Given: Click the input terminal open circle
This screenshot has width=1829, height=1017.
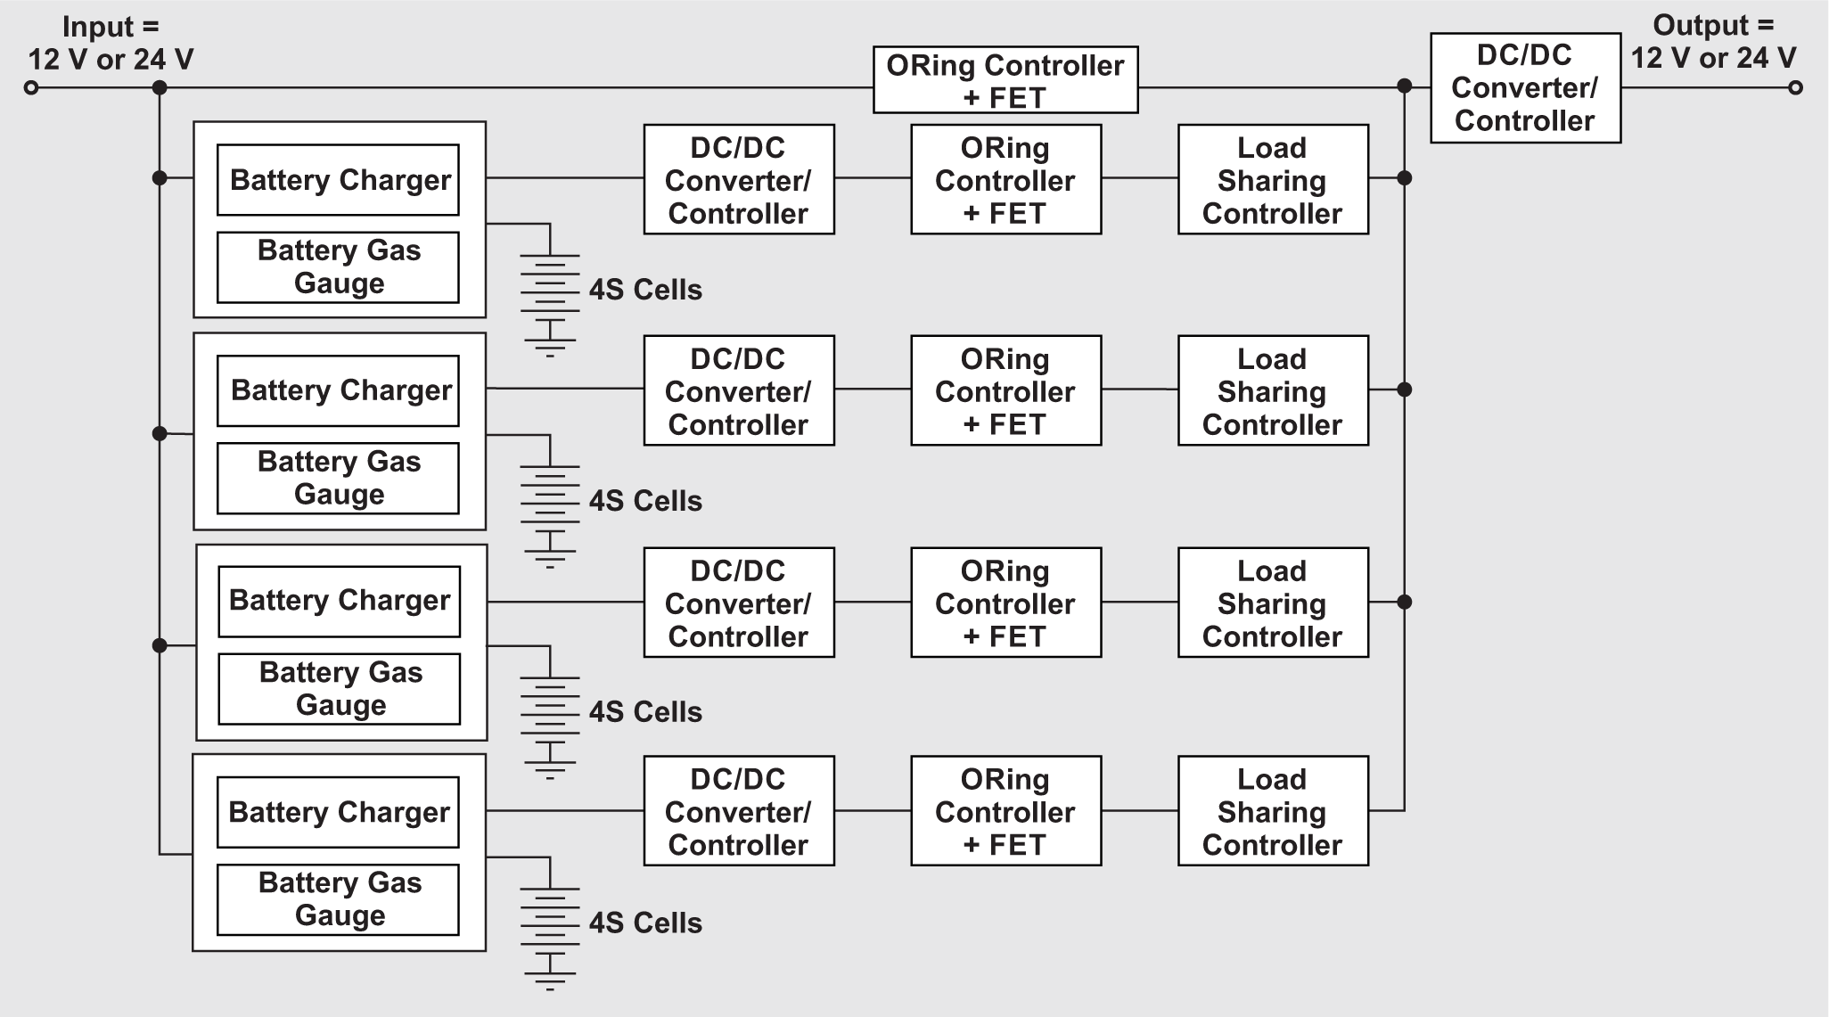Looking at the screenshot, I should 31,87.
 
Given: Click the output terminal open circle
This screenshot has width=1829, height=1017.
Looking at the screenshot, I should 1796,87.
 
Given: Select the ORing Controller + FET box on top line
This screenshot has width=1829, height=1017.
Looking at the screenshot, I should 1005,80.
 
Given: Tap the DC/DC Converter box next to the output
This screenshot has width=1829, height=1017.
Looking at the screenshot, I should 1525,88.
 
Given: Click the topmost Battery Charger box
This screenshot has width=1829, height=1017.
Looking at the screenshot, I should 338,180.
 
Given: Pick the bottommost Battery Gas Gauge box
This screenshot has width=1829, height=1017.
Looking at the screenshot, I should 338,899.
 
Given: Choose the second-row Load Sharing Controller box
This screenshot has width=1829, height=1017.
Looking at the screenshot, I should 1272,390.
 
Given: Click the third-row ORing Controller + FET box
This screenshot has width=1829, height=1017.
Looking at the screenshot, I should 1005,603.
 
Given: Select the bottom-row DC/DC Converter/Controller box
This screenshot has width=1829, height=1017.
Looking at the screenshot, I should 738,811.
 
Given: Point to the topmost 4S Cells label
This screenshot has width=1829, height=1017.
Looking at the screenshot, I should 645,290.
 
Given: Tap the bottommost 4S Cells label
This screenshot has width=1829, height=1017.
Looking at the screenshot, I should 645,923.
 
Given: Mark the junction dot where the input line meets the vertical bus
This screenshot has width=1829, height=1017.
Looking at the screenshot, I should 160,87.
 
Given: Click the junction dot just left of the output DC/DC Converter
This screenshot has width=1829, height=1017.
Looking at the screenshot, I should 1405,86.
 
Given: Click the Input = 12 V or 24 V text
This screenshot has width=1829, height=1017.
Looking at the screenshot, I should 111,44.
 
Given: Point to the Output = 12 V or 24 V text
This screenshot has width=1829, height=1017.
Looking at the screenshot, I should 1713,42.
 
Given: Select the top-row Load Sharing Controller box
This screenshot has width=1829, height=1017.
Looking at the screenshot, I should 1272,179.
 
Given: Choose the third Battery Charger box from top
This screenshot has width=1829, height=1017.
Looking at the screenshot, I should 339,602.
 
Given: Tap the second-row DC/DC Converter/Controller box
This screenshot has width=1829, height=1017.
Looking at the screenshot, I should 738,390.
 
